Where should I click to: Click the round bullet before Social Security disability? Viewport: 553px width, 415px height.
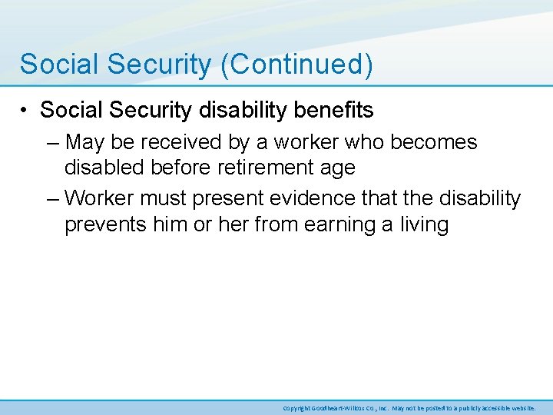click(26, 111)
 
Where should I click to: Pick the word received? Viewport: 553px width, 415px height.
click(180, 142)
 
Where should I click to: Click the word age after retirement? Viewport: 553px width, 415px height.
click(338, 168)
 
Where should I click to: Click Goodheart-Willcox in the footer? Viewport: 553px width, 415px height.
click(345, 408)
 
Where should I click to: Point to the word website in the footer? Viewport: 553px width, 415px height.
click(522, 408)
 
